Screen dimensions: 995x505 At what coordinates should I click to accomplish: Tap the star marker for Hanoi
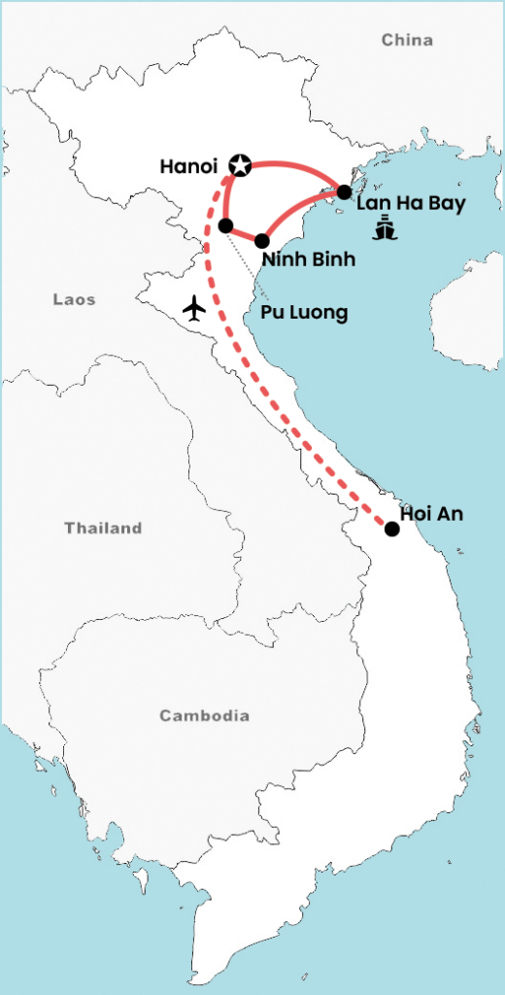[238, 166]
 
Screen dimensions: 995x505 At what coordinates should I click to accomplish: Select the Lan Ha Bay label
[411, 204]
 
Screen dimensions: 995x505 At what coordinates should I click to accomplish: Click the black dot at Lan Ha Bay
[344, 192]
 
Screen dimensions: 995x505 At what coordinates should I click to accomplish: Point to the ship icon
[386, 230]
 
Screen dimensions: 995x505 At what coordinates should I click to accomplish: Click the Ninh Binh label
[308, 259]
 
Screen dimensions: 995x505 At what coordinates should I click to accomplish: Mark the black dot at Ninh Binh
[262, 240]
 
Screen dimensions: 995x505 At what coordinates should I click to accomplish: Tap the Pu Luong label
[304, 313]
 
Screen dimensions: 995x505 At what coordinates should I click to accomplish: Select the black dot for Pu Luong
[225, 225]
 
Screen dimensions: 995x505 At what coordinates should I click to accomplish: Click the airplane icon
[194, 308]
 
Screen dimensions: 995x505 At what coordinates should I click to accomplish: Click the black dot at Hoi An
[391, 530]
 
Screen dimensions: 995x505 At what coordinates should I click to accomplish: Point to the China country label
[407, 40]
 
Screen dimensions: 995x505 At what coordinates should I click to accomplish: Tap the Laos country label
[74, 300]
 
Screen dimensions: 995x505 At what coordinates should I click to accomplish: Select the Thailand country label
[103, 529]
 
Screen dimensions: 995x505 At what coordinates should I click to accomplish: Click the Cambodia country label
[204, 716]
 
